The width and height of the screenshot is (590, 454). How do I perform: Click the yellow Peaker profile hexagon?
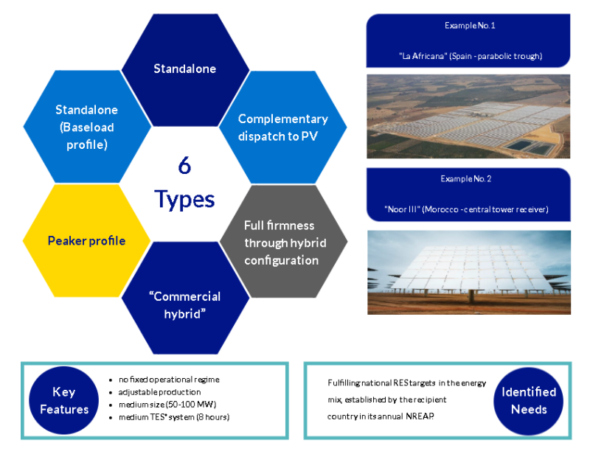click(x=86, y=241)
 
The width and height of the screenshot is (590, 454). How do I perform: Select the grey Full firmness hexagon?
click(x=283, y=241)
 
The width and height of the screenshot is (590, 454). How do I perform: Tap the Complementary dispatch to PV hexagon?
click(x=283, y=128)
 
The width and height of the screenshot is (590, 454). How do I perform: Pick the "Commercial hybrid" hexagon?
click(x=185, y=298)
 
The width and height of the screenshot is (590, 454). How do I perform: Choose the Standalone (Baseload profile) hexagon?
click(x=87, y=126)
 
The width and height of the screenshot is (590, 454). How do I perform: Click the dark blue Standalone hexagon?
click(x=185, y=70)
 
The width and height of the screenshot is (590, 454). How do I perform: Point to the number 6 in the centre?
click(x=184, y=166)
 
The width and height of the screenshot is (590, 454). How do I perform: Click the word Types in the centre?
click(x=184, y=199)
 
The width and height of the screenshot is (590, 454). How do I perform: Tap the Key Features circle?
click(x=64, y=400)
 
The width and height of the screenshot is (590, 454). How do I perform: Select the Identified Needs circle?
click(x=529, y=401)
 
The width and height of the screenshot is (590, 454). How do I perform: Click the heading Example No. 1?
click(x=470, y=26)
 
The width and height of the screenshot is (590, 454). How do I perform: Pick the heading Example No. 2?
click(x=466, y=178)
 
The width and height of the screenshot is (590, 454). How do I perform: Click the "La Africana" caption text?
click(x=471, y=56)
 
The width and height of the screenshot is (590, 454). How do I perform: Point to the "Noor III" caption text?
click(x=466, y=209)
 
